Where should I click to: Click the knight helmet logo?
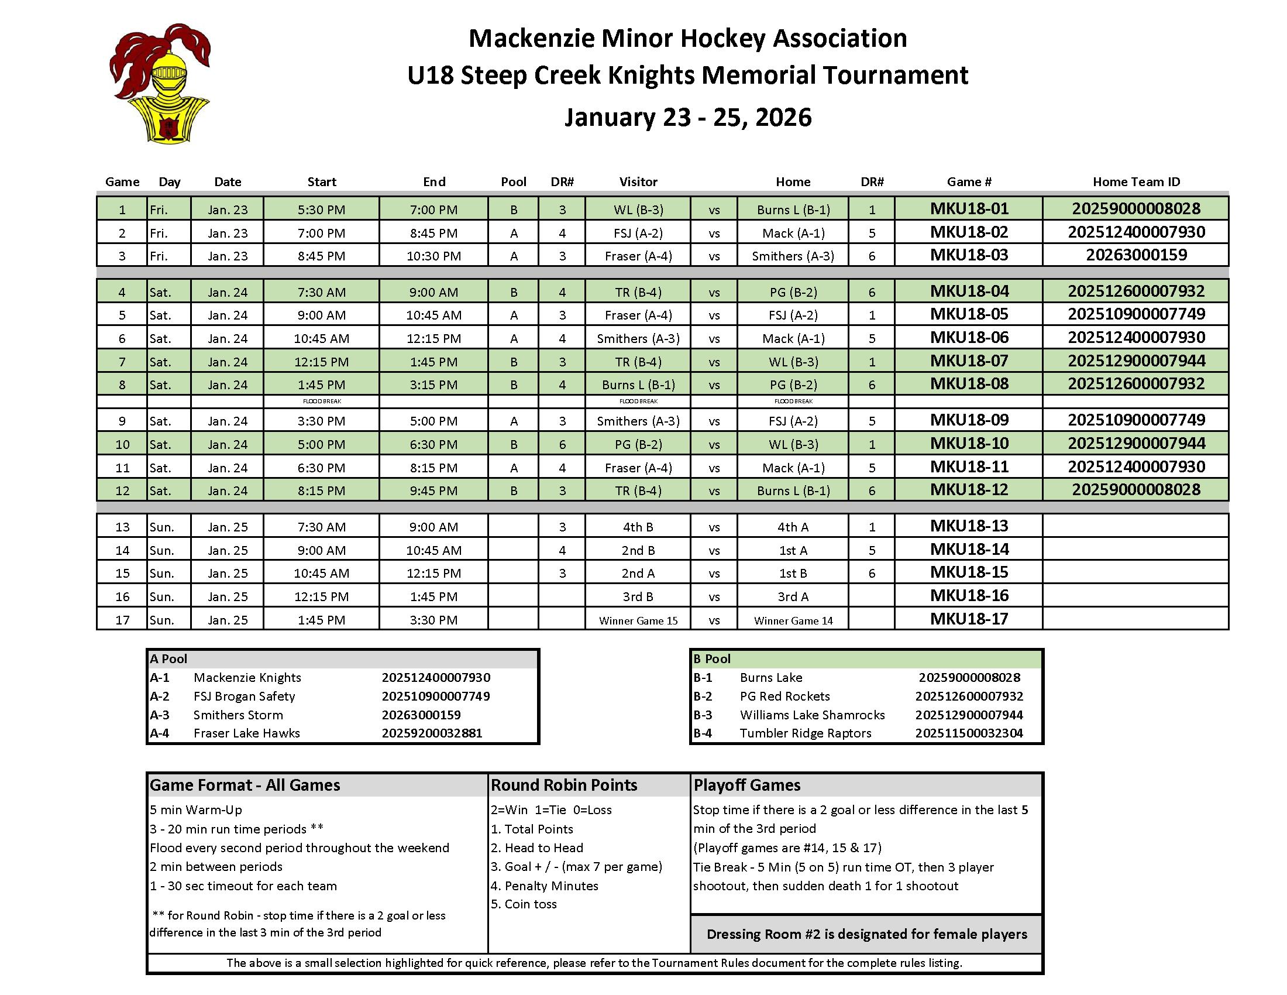[x=160, y=84]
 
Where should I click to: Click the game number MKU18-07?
[x=969, y=361]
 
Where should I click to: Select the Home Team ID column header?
[x=1135, y=181]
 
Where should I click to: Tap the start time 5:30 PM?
[x=321, y=210]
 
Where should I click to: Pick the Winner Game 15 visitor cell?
[x=638, y=620]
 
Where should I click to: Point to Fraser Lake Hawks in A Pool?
[x=246, y=733]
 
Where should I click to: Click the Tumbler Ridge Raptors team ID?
[x=969, y=733]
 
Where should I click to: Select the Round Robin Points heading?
[x=564, y=784]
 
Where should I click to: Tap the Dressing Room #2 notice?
[x=866, y=934]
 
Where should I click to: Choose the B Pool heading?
[x=712, y=658]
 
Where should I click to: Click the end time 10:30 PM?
[x=433, y=256]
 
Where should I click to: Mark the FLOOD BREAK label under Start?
[x=322, y=402]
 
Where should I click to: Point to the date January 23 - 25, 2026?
[x=688, y=117]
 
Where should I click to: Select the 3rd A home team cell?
[x=793, y=596]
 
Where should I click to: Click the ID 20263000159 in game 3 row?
[x=1135, y=255]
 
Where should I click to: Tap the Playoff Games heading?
[x=746, y=784]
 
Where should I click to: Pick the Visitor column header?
[x=638, y=181]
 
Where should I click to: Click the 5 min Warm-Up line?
[x=195, y=809]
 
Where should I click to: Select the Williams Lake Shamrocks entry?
[x=812, y=715]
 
